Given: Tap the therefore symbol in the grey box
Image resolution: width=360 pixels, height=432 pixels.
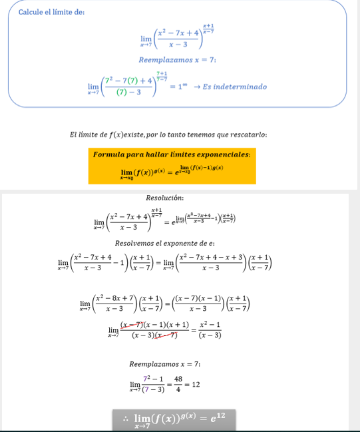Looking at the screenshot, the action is point(125,419).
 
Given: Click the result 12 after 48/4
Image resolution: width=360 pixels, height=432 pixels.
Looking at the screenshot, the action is point(196,385).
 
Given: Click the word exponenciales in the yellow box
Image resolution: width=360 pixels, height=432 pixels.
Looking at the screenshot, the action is point(224,154).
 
